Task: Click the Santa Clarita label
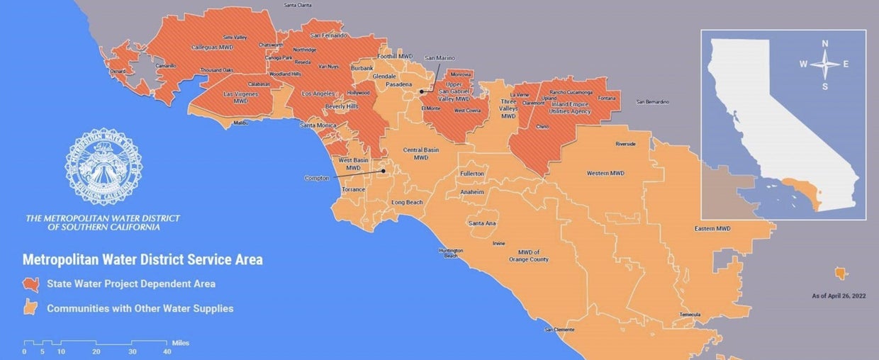[298, 5]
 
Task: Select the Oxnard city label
[117, 71]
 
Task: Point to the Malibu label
[242, 123]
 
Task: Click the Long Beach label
[407, 203]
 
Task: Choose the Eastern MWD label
[712, 228]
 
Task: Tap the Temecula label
[690, 315]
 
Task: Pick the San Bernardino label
[652, 102]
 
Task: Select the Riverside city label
[625, 144]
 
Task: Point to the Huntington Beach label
[451, 253]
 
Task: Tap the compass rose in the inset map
[825, 64]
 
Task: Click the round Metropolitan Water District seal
[103, 167]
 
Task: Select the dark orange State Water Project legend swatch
[31, 283]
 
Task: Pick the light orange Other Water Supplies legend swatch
[31, 308]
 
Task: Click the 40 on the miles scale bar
[167, 351]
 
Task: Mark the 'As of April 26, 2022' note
[839, 295]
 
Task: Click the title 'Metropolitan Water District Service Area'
[142, 260]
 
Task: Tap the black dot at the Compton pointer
[383, 171]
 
